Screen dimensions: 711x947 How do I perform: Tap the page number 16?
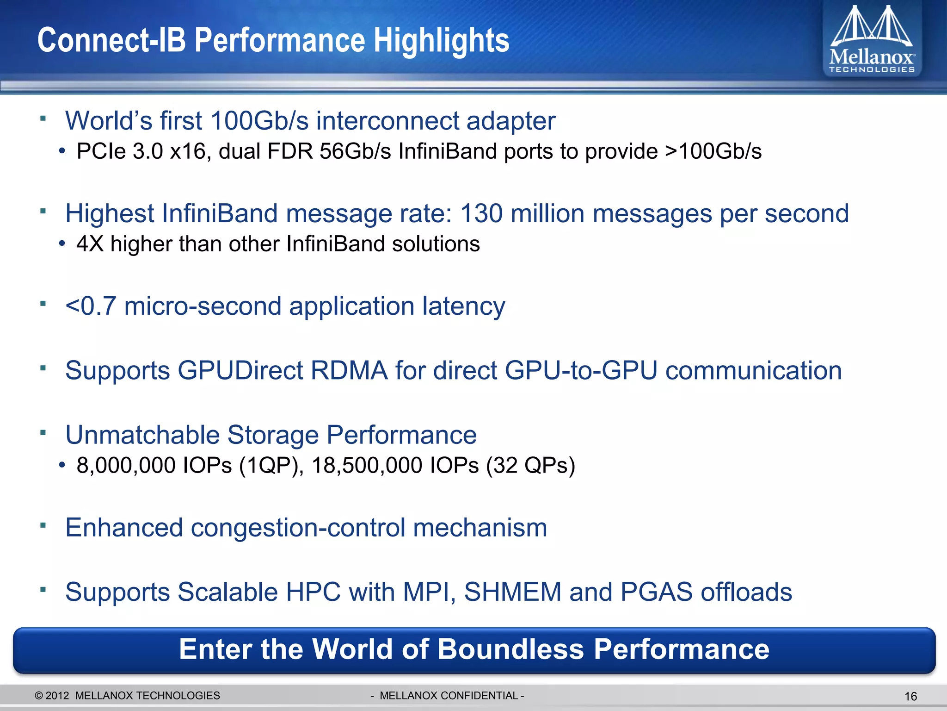[x=910, y=696]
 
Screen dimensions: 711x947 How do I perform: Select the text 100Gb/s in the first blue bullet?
[x=259, y=121]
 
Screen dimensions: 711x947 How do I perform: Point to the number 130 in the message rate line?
[x=481, y=214]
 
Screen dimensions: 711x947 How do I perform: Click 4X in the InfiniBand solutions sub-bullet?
[x=90, y=244]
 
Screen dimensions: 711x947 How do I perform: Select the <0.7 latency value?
[x=91, y=306]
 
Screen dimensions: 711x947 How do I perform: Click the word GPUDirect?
[x=240, y=371]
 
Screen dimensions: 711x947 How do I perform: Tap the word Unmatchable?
[x=142, y=435]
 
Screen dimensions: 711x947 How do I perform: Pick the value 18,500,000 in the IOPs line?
[x=367, y=466]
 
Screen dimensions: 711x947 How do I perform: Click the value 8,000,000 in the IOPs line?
[x=126, y=466]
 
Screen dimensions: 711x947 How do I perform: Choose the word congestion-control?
[x=298, y=528]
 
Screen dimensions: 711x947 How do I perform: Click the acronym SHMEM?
[x=512, y=592]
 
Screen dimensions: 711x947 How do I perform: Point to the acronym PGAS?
[x=656, y=592]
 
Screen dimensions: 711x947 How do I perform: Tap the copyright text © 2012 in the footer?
[x=52, y=696]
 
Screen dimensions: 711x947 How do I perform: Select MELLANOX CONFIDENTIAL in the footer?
[x=448, y=696]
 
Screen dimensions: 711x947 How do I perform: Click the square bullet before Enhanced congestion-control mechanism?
[x=43, y=525]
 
